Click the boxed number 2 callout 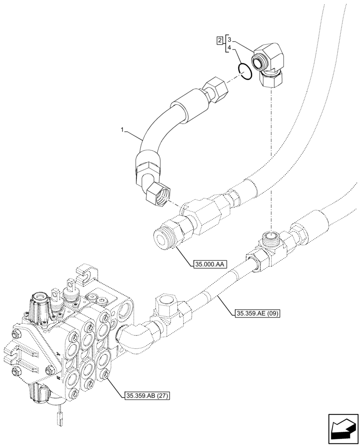(220, 41)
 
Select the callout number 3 (229, 39)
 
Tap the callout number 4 (229, 47)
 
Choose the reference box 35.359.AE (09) (256, 314)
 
